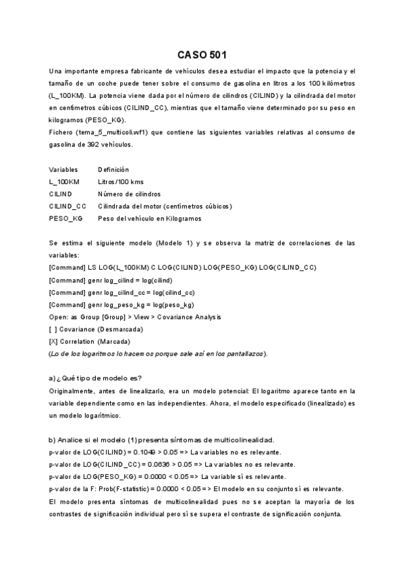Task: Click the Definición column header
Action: (113, 169)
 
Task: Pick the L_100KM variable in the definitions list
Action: (64, 181)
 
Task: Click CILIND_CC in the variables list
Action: (67, 206)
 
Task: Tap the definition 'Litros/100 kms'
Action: (120, 181)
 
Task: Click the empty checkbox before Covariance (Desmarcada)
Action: (53, 328)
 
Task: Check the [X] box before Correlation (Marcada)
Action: (53, 341)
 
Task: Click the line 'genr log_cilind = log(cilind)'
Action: (130, 279)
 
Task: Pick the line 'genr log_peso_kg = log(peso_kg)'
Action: (136, 304)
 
